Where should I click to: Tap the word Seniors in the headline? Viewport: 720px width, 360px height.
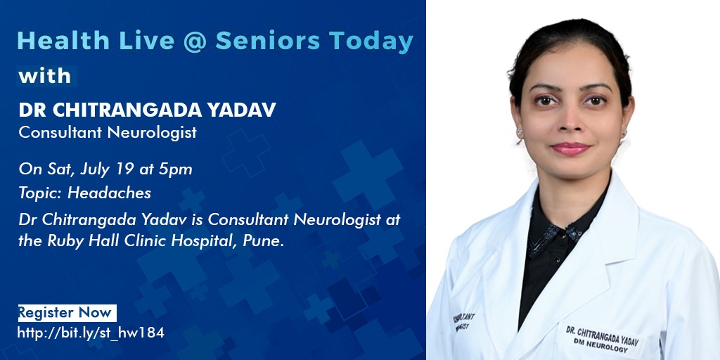tap(268, 40)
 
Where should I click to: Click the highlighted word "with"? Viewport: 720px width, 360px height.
tap(45, 76)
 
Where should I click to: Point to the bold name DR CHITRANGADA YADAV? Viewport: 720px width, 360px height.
tap(148, 110)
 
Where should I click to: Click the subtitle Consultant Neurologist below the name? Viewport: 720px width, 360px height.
tap(108, 133)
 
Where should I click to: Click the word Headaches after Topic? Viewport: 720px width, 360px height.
tap(109, 193)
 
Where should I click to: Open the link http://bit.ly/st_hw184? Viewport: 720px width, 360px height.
tap(91, 333)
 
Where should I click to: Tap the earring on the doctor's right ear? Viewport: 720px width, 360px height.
tap(520, 133)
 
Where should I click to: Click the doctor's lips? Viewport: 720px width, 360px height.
tap(570, 148)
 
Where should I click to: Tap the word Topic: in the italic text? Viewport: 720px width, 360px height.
tap(41, 193)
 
